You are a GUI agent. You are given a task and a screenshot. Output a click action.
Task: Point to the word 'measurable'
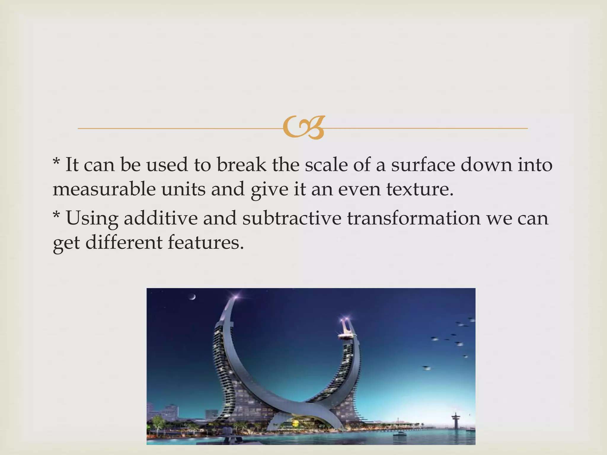click(104, 189)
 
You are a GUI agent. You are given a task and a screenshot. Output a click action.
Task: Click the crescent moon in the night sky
click(193, 297)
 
